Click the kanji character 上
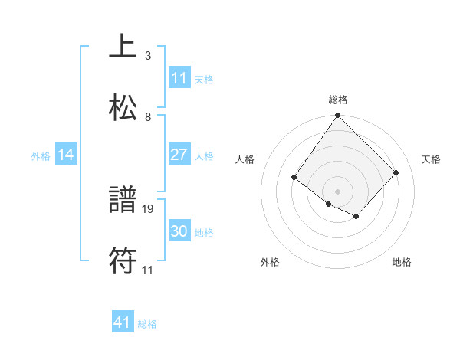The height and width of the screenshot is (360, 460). pos(123,47)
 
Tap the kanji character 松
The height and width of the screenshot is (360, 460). pos(123,107)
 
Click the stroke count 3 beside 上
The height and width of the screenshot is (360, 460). pos(147,56)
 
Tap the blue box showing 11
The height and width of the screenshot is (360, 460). pos(179,78)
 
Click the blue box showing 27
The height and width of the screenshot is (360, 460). pos(179,155)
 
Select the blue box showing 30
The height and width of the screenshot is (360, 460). pos(179,231)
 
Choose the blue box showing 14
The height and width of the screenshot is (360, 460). pos(66,155)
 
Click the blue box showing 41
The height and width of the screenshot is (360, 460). pos(123,322)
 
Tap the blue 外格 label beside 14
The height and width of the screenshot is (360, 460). pos(41,156)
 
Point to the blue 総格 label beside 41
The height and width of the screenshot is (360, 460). pos(147,324)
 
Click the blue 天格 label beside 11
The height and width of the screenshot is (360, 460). pos(204,80)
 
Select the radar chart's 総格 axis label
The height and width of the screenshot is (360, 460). pos(338,100)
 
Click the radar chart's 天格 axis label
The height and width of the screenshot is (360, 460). pos(432,159)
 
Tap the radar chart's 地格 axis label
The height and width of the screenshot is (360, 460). pos(402,262)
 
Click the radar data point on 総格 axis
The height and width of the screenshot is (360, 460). pos(338,116)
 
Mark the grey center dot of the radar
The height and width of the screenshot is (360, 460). pos(338,191)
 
